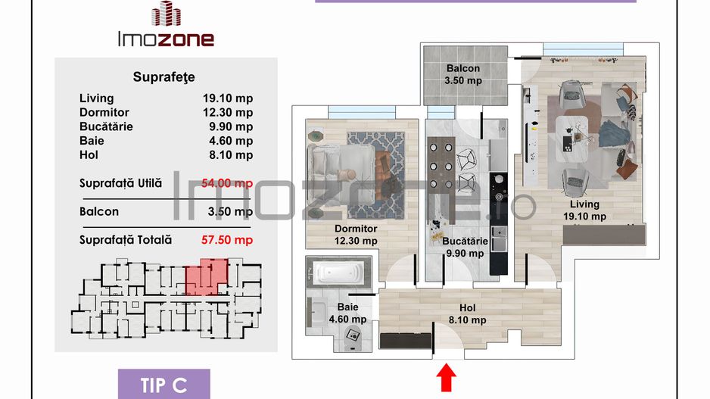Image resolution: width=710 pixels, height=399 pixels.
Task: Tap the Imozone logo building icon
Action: pos(165,14)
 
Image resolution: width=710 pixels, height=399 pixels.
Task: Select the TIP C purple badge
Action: pos(163,385)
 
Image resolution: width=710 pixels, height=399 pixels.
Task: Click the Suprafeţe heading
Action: pos(163,76)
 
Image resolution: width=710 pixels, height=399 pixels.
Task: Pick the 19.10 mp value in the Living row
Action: pos(229,98)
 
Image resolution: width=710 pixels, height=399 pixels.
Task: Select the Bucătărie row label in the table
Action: pos(106,126)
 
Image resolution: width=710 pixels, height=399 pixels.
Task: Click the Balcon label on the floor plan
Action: pos(462,69)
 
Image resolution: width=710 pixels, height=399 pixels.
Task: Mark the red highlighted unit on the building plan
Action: pos(205,276)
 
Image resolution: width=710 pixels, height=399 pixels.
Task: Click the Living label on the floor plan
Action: pos(584,204)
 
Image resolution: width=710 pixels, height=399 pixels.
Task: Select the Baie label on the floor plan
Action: pos(347,308)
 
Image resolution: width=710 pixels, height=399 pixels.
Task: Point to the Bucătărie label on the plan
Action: pos(464,242)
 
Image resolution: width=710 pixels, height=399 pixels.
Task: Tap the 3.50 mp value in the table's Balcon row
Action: pos(231,212)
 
